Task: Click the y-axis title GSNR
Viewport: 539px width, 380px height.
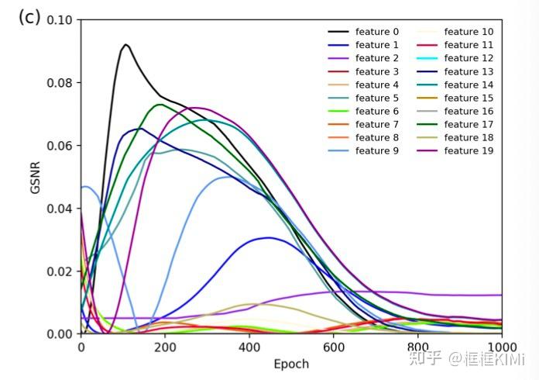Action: coord(36,177)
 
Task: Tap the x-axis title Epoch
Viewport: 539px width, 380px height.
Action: coord(291,364)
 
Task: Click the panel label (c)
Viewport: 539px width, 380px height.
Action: coord(29,18)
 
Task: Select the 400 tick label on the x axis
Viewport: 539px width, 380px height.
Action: coord(249,347)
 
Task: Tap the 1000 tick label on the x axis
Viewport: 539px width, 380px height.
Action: coord(501,347)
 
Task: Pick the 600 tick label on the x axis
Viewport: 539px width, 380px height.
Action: coord(334,347)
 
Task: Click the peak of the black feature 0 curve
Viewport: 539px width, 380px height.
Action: coord(125,45)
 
